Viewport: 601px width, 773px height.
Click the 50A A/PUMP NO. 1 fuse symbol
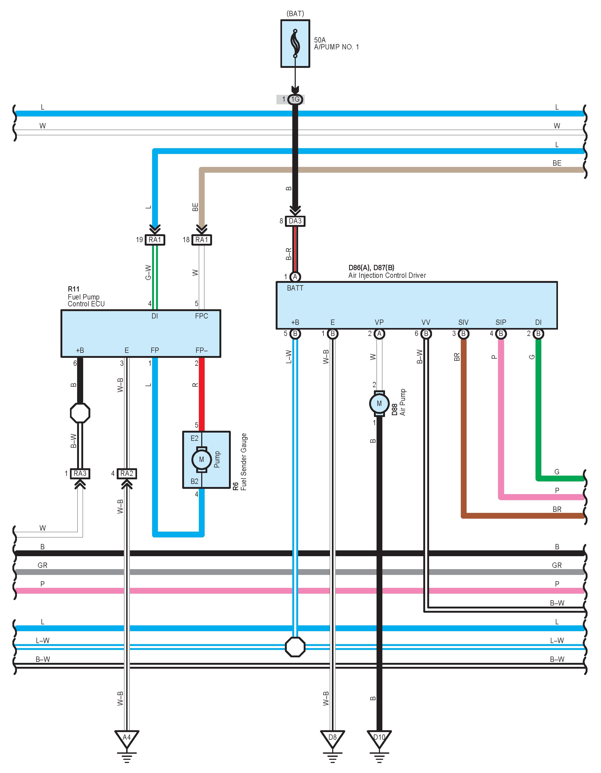(x=295, y=44)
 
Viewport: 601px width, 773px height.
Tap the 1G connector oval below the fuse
(x=295, y=100)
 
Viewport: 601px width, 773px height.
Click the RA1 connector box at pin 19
(x=155, y=240)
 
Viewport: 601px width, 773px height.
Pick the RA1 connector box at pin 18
(x=202, y=240)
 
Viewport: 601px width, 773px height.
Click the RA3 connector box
(x=80, y=474)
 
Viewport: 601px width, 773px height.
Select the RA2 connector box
(x=127, y=474)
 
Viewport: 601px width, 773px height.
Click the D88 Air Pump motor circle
(x=379, y=404)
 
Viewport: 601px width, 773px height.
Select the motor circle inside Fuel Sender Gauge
(x=201, y=460)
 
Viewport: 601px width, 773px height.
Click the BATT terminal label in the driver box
(x=295, y=288)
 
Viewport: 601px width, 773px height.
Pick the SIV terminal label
(x=463, y=322)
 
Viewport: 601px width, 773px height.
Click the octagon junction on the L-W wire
(x=295, y=647)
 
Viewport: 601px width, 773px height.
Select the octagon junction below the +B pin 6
(x=80, y=413)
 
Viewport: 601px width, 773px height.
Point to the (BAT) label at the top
(x=295, y=14)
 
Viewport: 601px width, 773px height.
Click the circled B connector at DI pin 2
(x=538, y=334)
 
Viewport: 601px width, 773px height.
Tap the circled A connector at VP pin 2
(x=379, y=334)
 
